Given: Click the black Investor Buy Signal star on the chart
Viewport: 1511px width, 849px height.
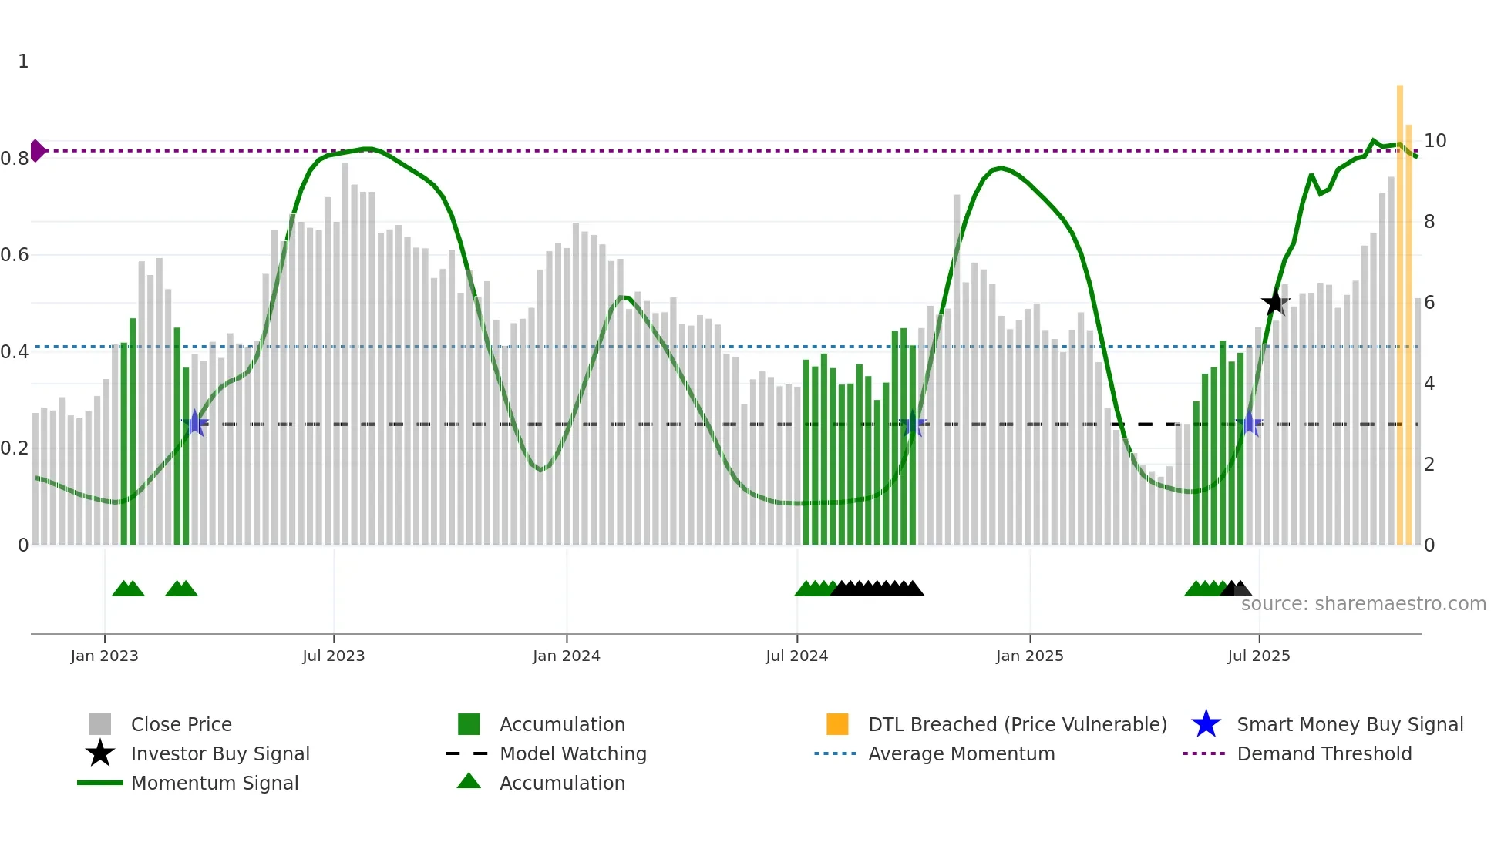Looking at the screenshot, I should click(1275, 303).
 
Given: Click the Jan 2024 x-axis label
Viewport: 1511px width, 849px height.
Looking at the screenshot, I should click(566, 656).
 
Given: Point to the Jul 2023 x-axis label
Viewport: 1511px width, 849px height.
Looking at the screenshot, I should click(333, 656).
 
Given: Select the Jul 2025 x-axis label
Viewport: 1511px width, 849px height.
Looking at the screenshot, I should click(1258, 656).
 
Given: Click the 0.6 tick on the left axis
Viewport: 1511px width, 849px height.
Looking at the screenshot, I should click(15, 255).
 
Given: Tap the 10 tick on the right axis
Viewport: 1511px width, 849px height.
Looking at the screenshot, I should click(1435, 141).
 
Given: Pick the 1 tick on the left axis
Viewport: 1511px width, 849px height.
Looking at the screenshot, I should click(23, 62).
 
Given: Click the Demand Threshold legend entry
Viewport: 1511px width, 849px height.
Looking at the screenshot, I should click(1324, 753).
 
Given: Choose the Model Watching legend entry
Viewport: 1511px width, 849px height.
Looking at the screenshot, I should click(572, 753).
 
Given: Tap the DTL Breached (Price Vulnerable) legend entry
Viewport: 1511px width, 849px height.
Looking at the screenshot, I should click(1017, 724).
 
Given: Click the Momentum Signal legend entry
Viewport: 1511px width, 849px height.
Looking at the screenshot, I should click(214, 783).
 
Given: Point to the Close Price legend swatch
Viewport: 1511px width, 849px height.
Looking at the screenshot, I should click(100, 724).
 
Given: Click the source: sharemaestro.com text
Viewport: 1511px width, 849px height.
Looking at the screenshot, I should click(1363, 604).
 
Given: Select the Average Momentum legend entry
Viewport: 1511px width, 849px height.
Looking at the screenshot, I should click(961, 753).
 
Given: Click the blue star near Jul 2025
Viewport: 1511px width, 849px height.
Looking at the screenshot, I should click(1250, 424).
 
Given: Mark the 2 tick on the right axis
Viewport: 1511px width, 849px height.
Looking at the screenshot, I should click(1429, 465).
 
